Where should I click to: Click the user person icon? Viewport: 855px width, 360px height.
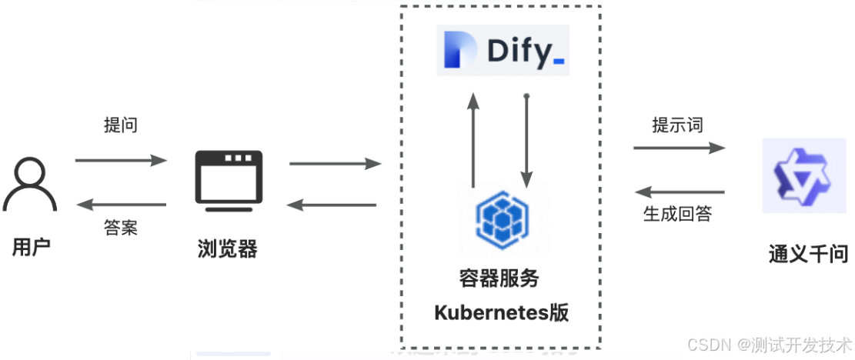(29, 184)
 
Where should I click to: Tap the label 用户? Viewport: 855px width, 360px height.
(32, 248)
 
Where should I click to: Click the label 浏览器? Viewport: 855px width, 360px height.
(227, 248)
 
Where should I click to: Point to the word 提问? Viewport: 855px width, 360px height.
(121, 125)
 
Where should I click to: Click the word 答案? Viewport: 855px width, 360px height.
(121, 228)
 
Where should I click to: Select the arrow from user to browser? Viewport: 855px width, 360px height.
(121, 160)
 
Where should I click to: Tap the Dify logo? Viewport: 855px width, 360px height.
(503, 51)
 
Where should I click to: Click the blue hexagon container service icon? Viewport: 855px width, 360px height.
(500, 218)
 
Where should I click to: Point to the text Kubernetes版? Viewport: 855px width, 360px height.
(501, 313)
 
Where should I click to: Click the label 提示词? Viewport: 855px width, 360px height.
(677, 125)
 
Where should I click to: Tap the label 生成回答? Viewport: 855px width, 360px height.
(677, 214)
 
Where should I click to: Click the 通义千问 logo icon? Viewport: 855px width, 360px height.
(798, 175)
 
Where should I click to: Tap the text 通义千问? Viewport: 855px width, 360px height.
(807, 254)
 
